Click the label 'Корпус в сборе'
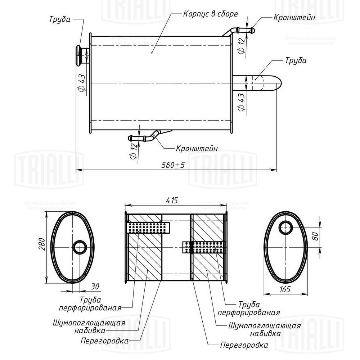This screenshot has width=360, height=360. pyautogui.click(x=210, y=14)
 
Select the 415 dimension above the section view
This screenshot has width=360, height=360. pyautogui.click(x=171, y=201)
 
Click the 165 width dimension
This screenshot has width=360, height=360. pyautogui.click(x=284, y=289)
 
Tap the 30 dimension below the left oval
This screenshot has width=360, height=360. pyautogui.click(x=95, y=287)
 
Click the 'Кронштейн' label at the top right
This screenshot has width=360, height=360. pyautogui.click(x=294, y=17)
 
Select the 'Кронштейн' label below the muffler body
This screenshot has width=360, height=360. pyautogui.click(x=197, y=148)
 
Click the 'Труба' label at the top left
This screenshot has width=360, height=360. pyautogui.click(x=59, y=19)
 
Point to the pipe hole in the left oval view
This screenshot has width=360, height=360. pyautogui.click(x=80, y=247)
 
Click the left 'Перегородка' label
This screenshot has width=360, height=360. pyautogui.click(x=105, y=340)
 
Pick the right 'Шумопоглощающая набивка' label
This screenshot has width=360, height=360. pyautogui.click(x=254, y=329)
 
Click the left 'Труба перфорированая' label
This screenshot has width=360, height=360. pyautogui.click(x=91, y=303)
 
